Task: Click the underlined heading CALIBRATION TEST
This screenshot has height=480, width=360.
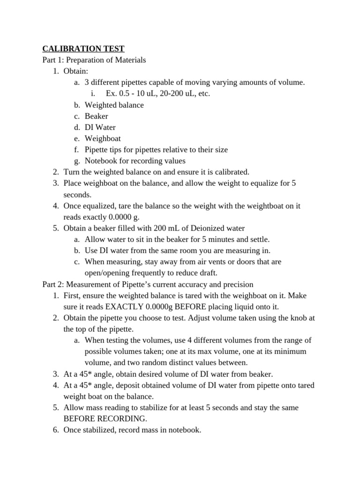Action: (83, 48)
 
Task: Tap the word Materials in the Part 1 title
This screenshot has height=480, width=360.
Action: (129, 60)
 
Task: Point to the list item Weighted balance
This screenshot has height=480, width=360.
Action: (114, 105)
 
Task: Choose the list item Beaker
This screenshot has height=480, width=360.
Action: (96, 116)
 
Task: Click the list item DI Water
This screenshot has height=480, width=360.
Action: (100, 127)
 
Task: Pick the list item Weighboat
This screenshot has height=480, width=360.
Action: (103, 138)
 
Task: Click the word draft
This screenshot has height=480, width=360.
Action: (207, 273)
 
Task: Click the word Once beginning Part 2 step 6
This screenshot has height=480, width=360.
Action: (73, 430)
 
